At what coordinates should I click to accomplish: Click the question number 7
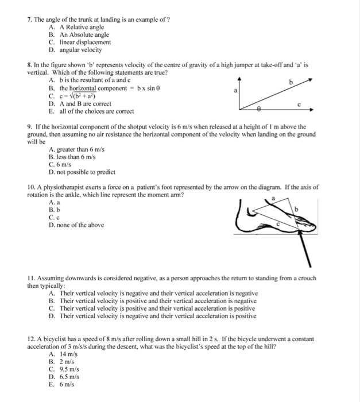pyautogui.click(x=30, y=20)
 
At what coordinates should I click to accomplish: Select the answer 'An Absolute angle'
pyautogui.click(x=83, y=35)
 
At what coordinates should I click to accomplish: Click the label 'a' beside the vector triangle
pyautogui.click(x=234, y=91)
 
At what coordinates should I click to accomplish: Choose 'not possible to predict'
pyautogui.click(x=82, y=171)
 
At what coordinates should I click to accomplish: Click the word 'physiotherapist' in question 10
pyautogui.click(x=61, y=188)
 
